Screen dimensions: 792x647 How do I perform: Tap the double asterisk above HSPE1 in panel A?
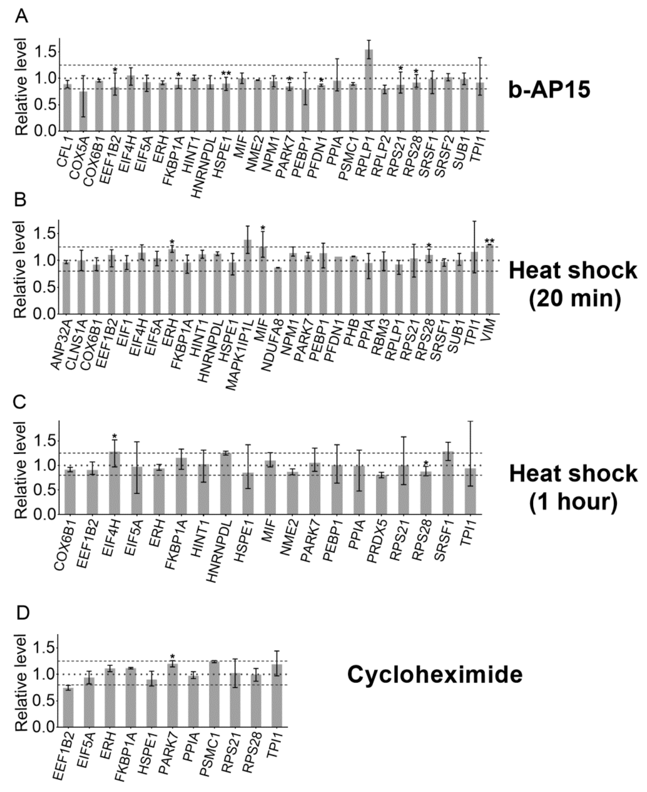coord(226,73)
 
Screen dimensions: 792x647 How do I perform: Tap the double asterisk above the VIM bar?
coord(489,241)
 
